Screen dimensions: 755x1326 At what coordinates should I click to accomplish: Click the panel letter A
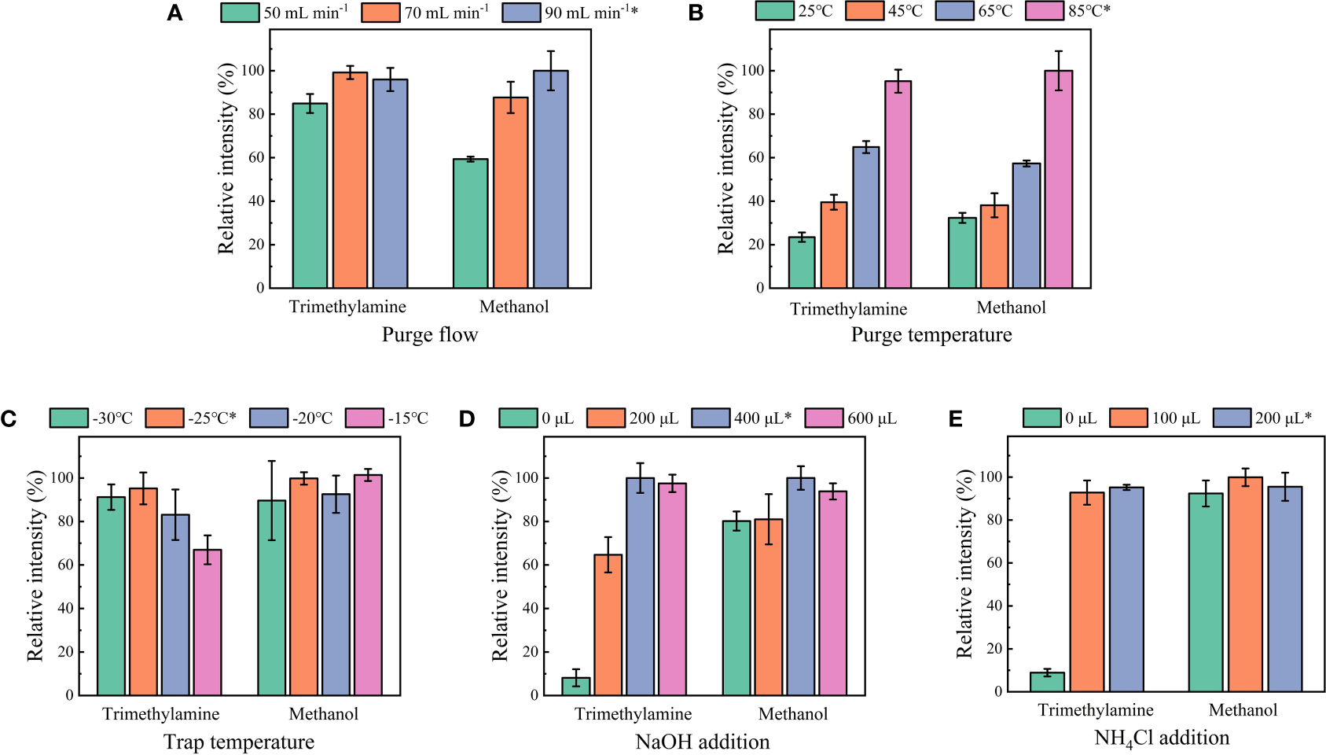coord(174,13)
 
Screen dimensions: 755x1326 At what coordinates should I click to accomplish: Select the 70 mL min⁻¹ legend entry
coord(425,13)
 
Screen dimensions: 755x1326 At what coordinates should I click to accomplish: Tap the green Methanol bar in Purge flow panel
coord(470,223)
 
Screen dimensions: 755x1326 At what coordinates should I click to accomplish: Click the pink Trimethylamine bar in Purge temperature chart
coord(898,185)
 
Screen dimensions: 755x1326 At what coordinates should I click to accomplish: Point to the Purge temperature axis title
coord(931,335)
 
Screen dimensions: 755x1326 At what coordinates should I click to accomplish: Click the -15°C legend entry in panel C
coord(387,418)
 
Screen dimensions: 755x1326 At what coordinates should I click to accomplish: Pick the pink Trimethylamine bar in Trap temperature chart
coord(208,622)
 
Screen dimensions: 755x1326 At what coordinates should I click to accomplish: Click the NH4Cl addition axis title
coord(1161,738)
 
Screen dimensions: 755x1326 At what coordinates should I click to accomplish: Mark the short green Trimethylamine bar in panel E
coord(1047,682)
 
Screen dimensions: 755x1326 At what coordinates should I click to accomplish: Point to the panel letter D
coord(467,418)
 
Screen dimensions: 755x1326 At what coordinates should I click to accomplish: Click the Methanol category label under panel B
coord(1011,308)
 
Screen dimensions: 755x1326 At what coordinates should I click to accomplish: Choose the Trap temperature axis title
coord(239,742)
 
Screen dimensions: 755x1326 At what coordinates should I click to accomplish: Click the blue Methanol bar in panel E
coord(1284,589)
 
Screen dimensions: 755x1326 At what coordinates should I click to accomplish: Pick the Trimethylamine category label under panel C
coord(161,714)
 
